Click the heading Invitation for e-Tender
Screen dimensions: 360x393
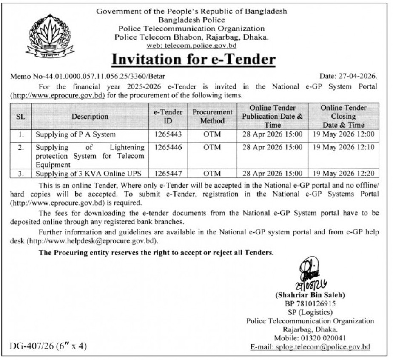coord(193,59)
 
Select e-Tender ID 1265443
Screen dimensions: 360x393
coord(168,134)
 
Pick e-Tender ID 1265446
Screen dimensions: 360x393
coord(168,148)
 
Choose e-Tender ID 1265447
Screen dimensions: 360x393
coord(168,174)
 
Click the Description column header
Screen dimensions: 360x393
coord(90,116)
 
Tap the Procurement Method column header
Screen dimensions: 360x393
coord(212,116)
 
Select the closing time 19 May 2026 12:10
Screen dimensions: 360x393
coord(343,148)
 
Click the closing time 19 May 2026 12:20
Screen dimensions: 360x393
coord(343,174)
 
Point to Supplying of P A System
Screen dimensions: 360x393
coord(76,134)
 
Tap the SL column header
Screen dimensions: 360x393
coord(20,116)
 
